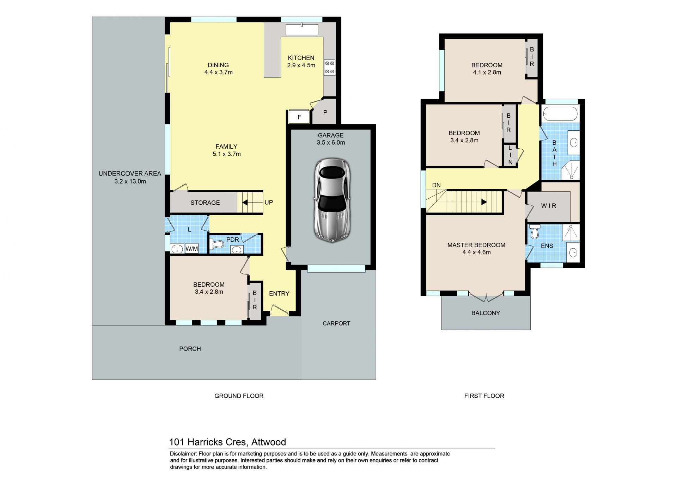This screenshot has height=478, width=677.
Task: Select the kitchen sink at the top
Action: (x=302, y=30)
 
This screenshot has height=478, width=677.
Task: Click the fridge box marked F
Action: (x=299, y=117)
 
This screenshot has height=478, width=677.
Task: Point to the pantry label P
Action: (x=325, y=113)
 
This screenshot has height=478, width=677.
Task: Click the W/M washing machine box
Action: (x=192, y=249)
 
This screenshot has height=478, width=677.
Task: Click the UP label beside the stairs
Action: (x=269, y=203)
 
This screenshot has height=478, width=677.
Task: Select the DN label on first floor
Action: (x=436, y=185)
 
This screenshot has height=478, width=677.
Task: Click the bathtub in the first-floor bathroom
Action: (x=560, y=114)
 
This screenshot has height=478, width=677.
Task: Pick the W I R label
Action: (x=549, y=206)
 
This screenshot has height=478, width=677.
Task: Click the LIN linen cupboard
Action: (x=510, y=155)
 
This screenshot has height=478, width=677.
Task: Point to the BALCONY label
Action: (x=486, y=313)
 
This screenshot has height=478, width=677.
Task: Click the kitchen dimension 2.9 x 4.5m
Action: (x=301, y=65)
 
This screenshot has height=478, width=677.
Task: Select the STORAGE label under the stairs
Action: (x=205, y=203)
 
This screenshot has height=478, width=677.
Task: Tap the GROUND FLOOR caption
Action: (x=239, y=396)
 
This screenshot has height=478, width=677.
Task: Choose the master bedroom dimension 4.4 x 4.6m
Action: (x=476, y=252)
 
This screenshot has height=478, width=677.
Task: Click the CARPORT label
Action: (x=336, y=323)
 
